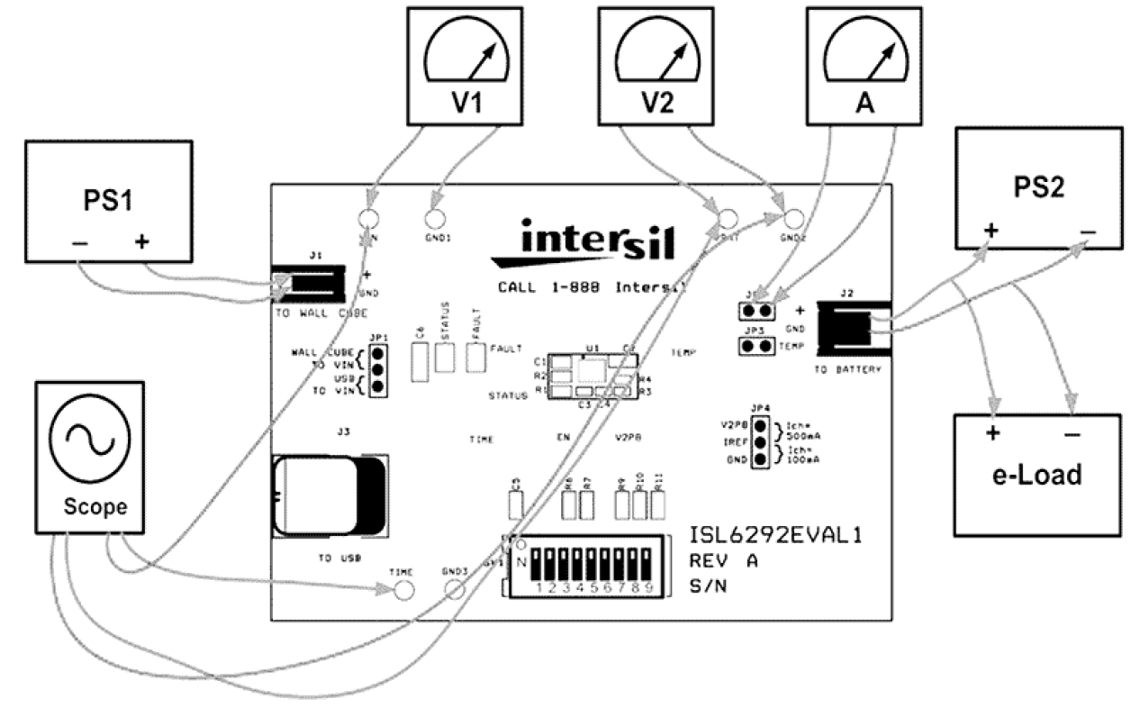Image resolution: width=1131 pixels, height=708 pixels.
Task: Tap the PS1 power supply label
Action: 107,200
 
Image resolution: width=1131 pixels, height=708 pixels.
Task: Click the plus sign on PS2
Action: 991,230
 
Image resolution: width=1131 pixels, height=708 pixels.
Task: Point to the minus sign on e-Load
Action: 1072,434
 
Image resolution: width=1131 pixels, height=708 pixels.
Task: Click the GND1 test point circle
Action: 436,218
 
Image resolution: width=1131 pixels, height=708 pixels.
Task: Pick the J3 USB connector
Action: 330,496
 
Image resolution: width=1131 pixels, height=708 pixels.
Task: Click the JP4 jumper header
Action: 761,443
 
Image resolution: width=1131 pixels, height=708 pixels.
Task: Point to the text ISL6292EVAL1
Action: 776,537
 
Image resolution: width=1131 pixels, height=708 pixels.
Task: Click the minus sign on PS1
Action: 79,243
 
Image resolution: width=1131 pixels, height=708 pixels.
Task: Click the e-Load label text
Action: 1036,474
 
